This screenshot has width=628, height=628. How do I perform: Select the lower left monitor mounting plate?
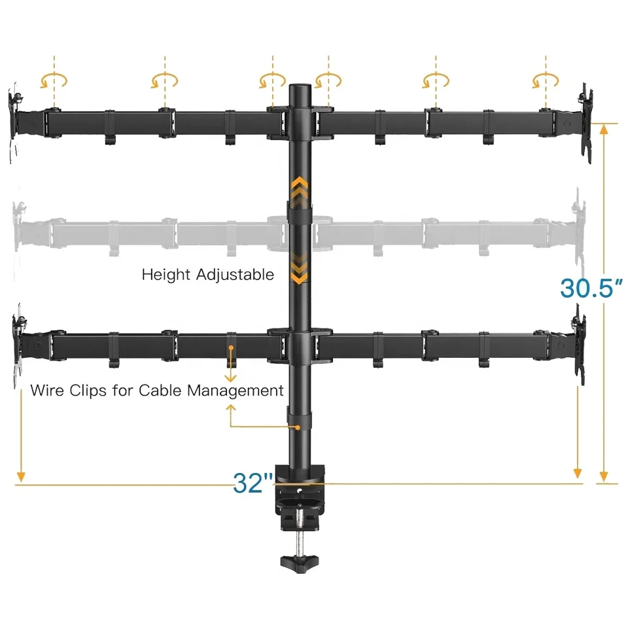point(18,343)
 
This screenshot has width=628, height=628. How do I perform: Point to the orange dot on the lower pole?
point(298,427)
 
